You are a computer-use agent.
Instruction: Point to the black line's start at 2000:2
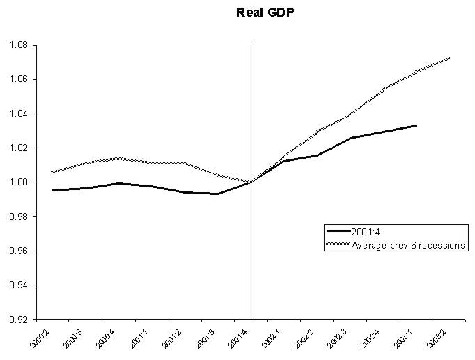(52, 190)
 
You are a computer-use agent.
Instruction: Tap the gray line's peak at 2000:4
(118, 158)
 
